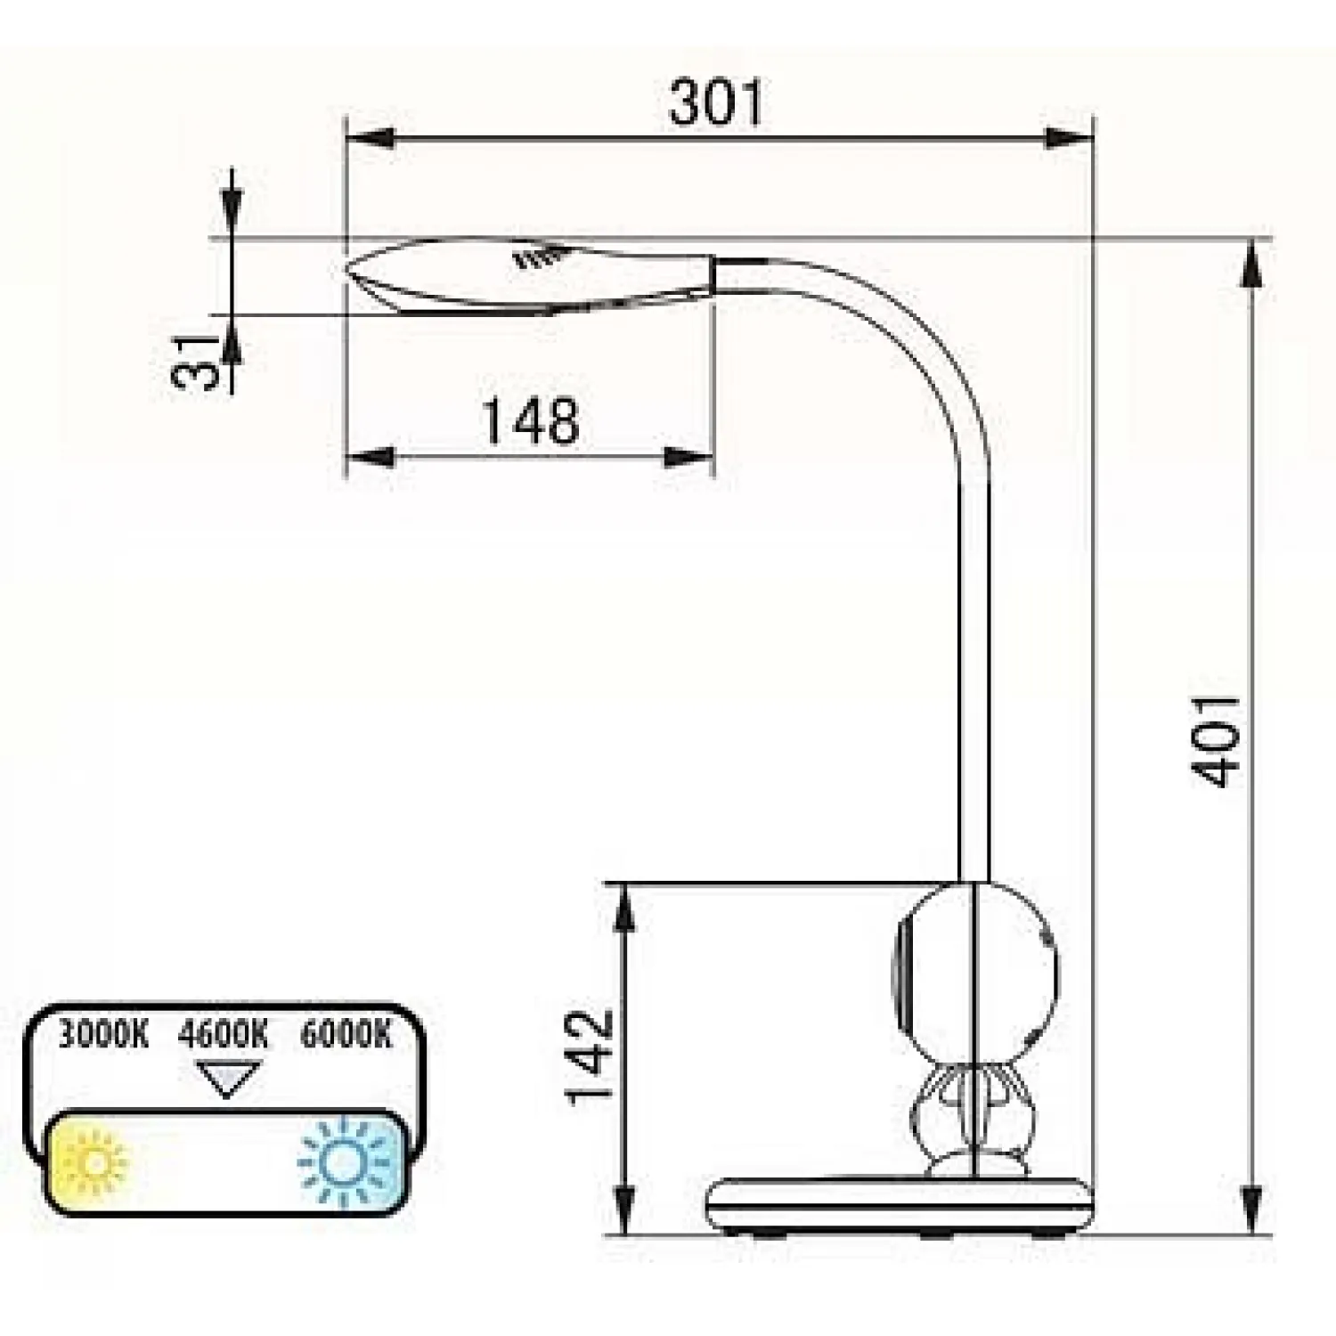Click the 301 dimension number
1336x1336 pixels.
(x=716, y=102)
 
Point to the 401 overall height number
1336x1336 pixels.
(x=1216, y=741)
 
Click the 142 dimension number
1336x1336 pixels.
(x=591, y=1057)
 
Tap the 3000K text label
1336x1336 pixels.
(x=103, y=1035)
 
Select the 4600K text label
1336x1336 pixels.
(x=223, y=1035)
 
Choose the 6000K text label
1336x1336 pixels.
(x=346, y=1035)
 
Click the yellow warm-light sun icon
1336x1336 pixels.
(x=91, y=1161)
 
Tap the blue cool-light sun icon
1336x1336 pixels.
(x=345, y=1161)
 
